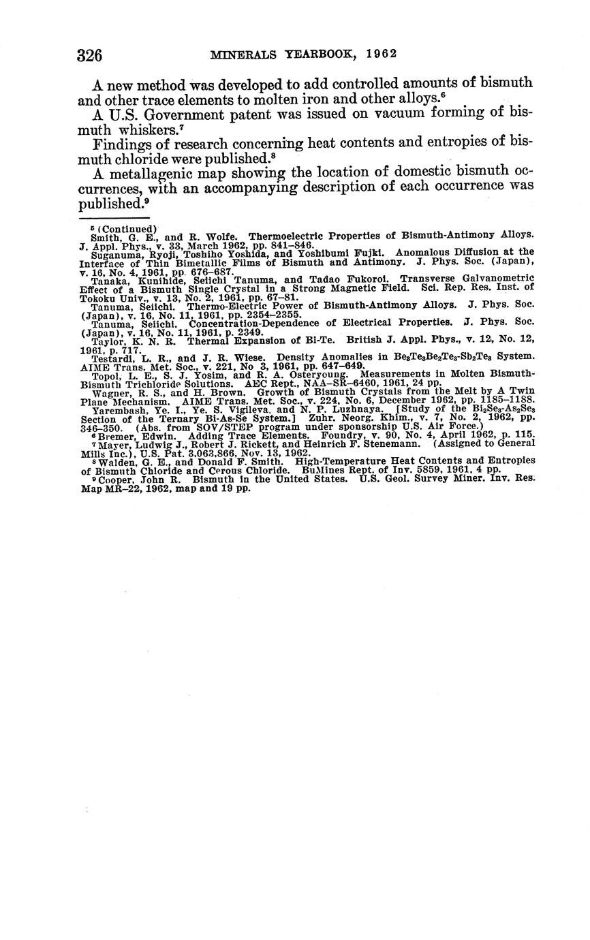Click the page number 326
pyautogui.click(x=89, y=55)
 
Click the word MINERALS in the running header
pyautogui.click(x=240, y=54)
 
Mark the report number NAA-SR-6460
pyautogui.click(x=328, y=383)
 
